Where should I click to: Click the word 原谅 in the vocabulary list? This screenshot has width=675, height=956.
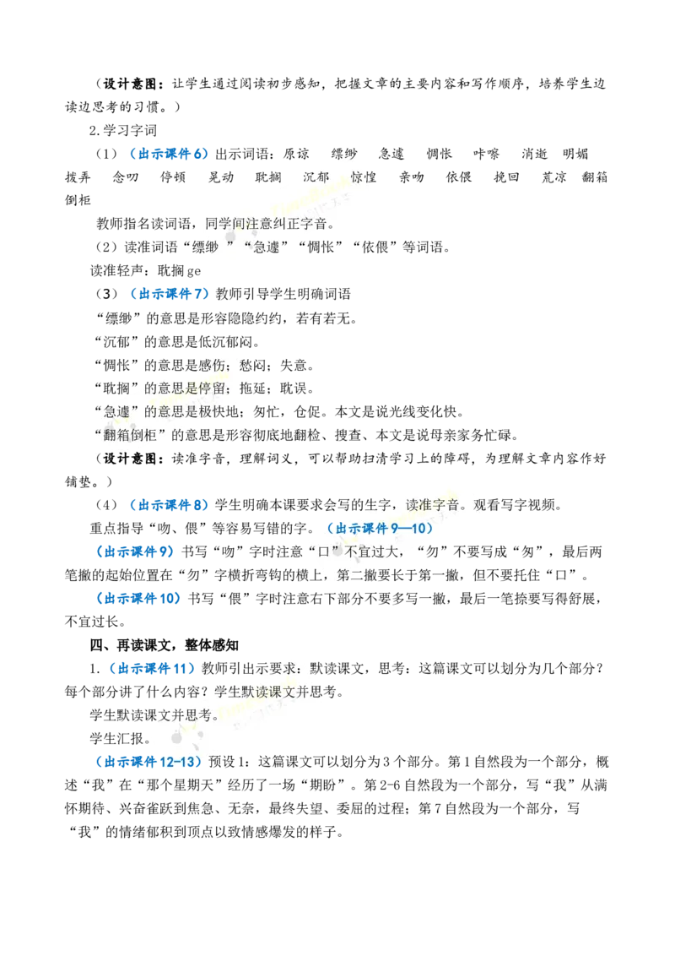click(x=297, y=155)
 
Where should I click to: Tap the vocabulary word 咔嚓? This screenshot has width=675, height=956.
click(x=486, y=155)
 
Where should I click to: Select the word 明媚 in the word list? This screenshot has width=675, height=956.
click(x=575, y=155)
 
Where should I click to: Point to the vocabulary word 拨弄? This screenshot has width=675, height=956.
click(x=78, y=177)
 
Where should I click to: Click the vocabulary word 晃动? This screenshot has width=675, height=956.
click(x=220, y=177)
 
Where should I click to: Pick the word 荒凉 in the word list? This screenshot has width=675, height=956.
click(x=554, y=177)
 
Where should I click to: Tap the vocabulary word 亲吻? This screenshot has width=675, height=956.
click(x=411, y=177)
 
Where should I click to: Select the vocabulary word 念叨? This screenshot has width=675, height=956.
click(x=126, y=177)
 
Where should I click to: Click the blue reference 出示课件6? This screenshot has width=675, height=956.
click(x=173, y=155)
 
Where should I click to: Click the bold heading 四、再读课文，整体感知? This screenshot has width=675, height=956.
click(x=165, y=645)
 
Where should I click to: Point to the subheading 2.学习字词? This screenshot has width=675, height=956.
click(x=122, y=130)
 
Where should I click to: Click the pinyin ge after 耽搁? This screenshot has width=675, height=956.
click(x=194, y=272)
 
